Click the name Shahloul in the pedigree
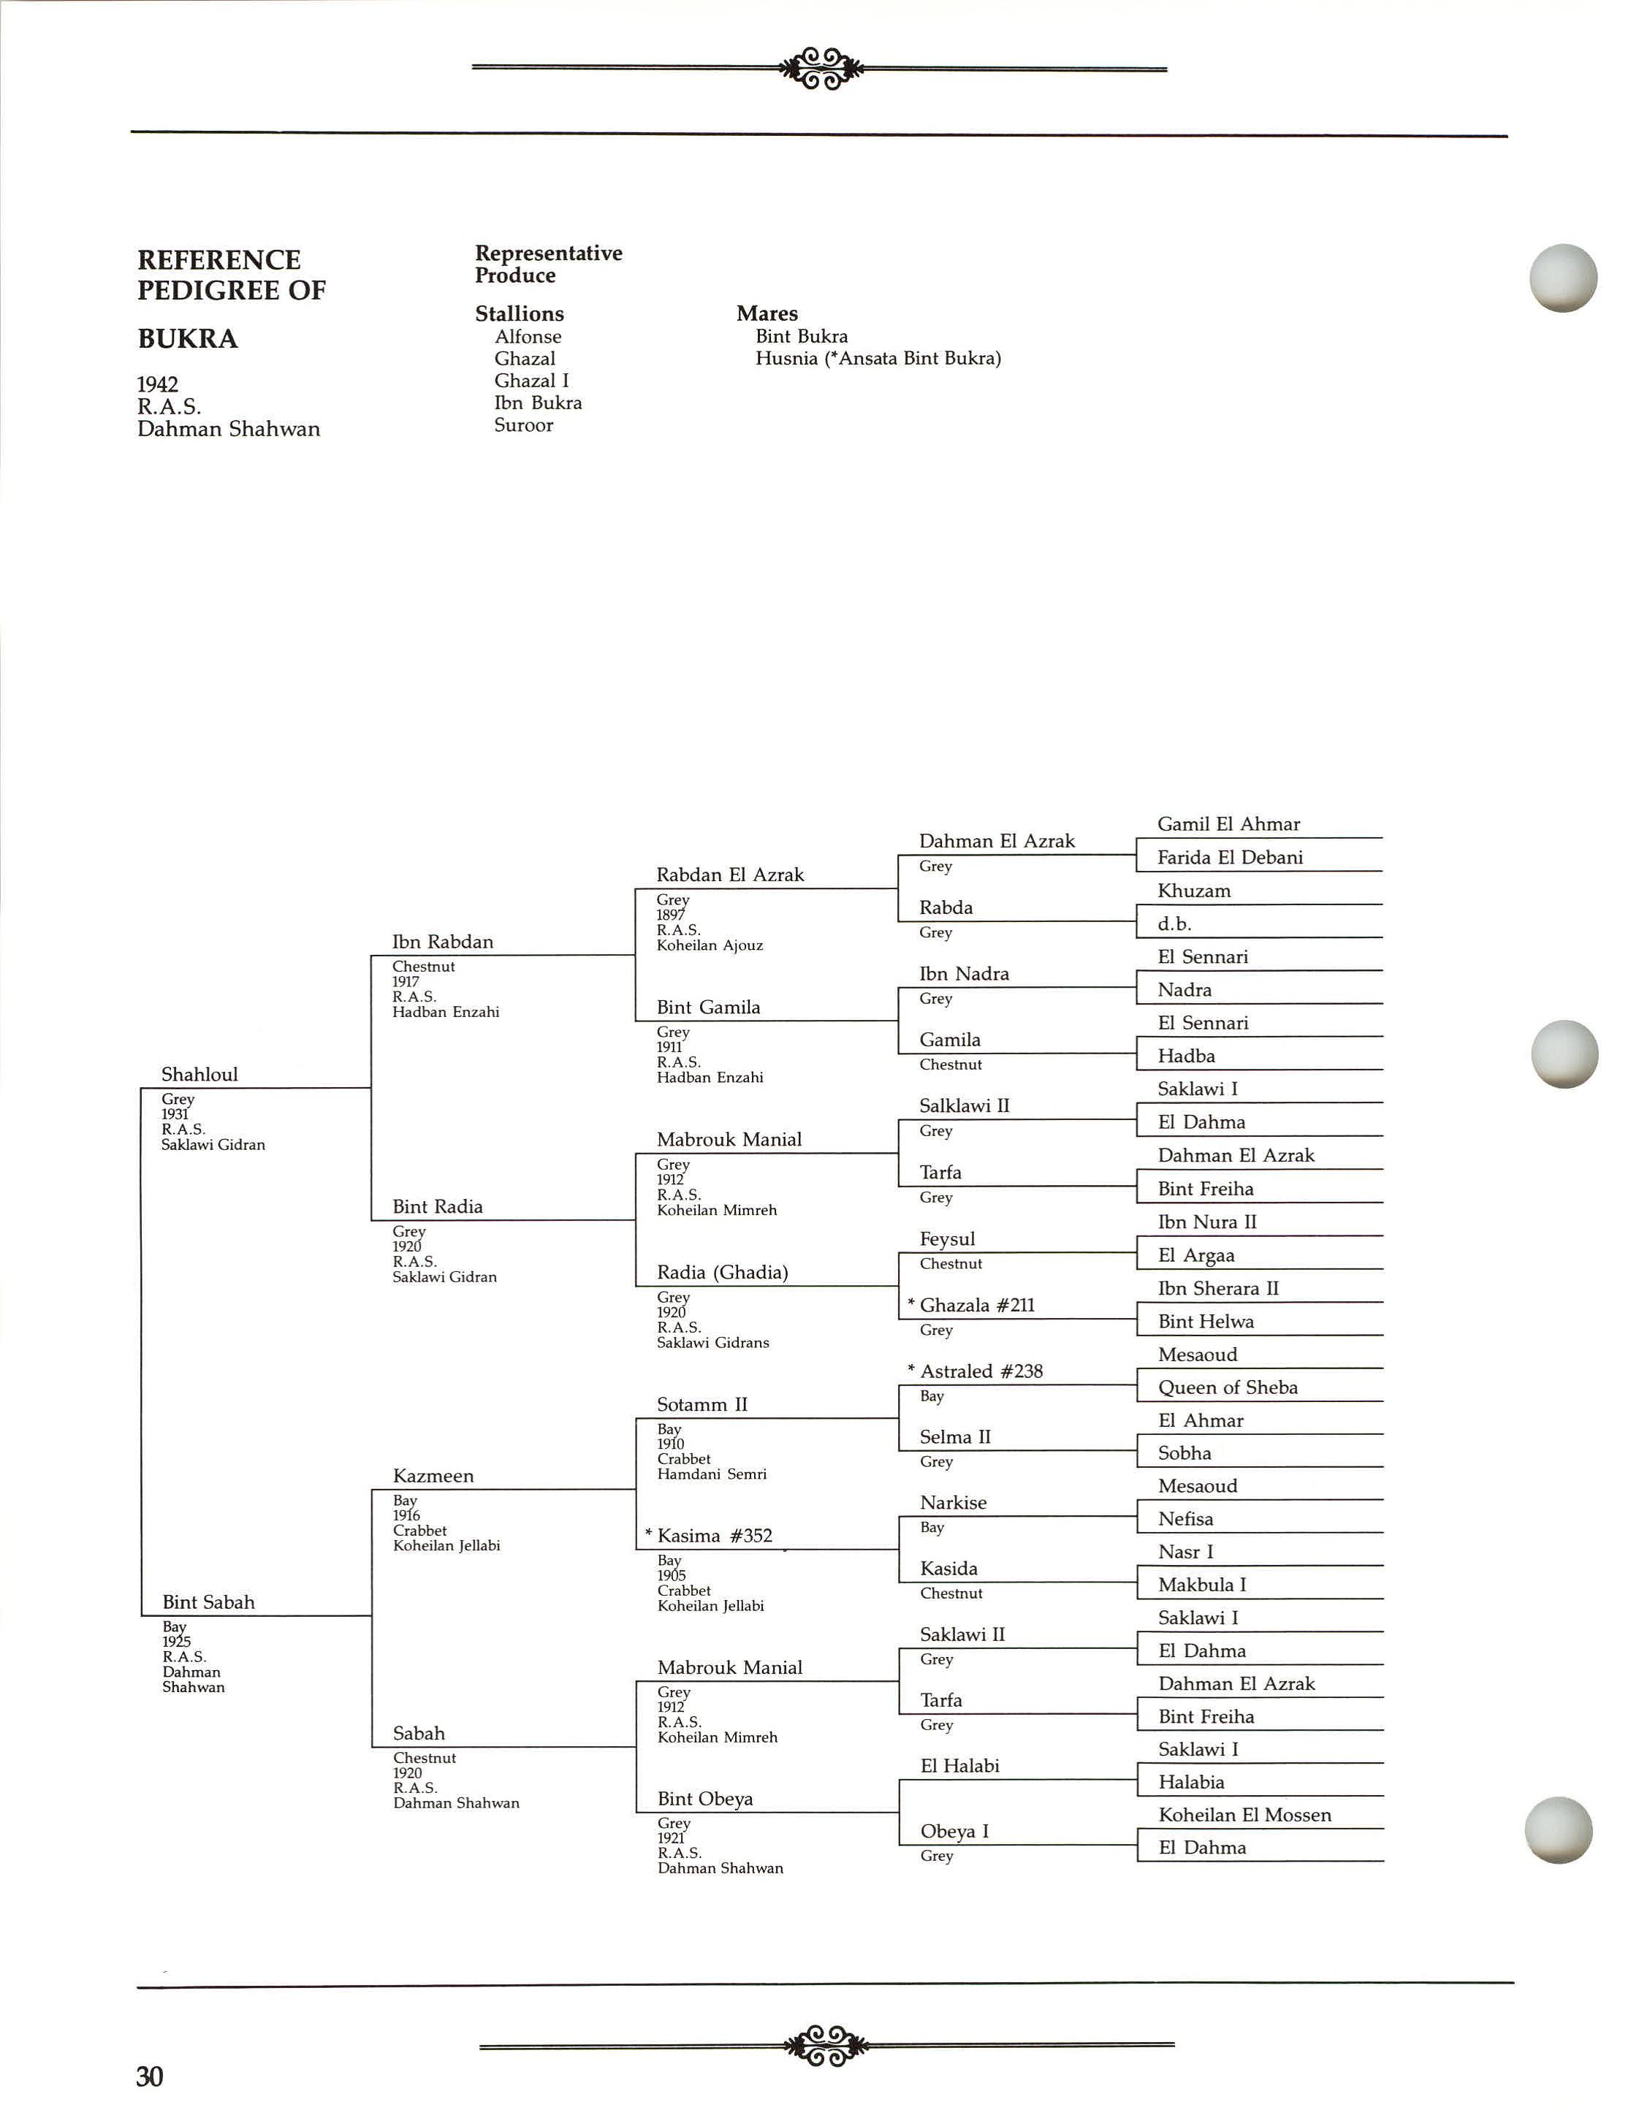[x=199, y=1074]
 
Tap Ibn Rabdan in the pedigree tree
[x=443, y=942]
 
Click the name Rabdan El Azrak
[x=729, y=875]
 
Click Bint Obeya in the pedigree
[x=704, y=1799]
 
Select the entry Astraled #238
[x=981, y=1371]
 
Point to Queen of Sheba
[x=1227, y=1387]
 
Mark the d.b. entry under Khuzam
[x=1174, y=923]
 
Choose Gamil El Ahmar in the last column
[x=1228, y=824]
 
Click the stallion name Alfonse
[x=528, y=336]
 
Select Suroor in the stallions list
[x=522, y=425]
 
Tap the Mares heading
[x=767, y=313]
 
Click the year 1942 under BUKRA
[x=158, y=384]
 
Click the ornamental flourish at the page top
[x=821, y=69]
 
